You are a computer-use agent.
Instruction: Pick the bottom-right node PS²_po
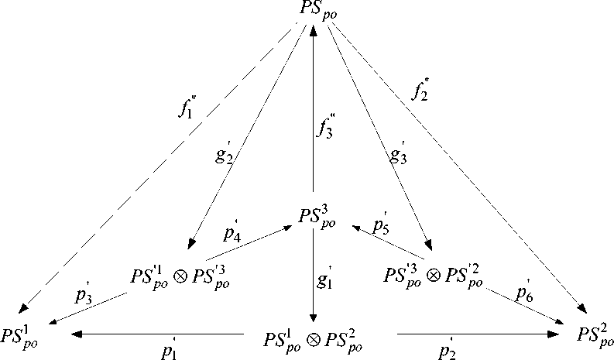click(x=593, y=334)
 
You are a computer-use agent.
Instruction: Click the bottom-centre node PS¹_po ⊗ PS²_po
click(x=314, y=339)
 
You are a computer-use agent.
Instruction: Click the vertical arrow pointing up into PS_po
click(x=313, y=108)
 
